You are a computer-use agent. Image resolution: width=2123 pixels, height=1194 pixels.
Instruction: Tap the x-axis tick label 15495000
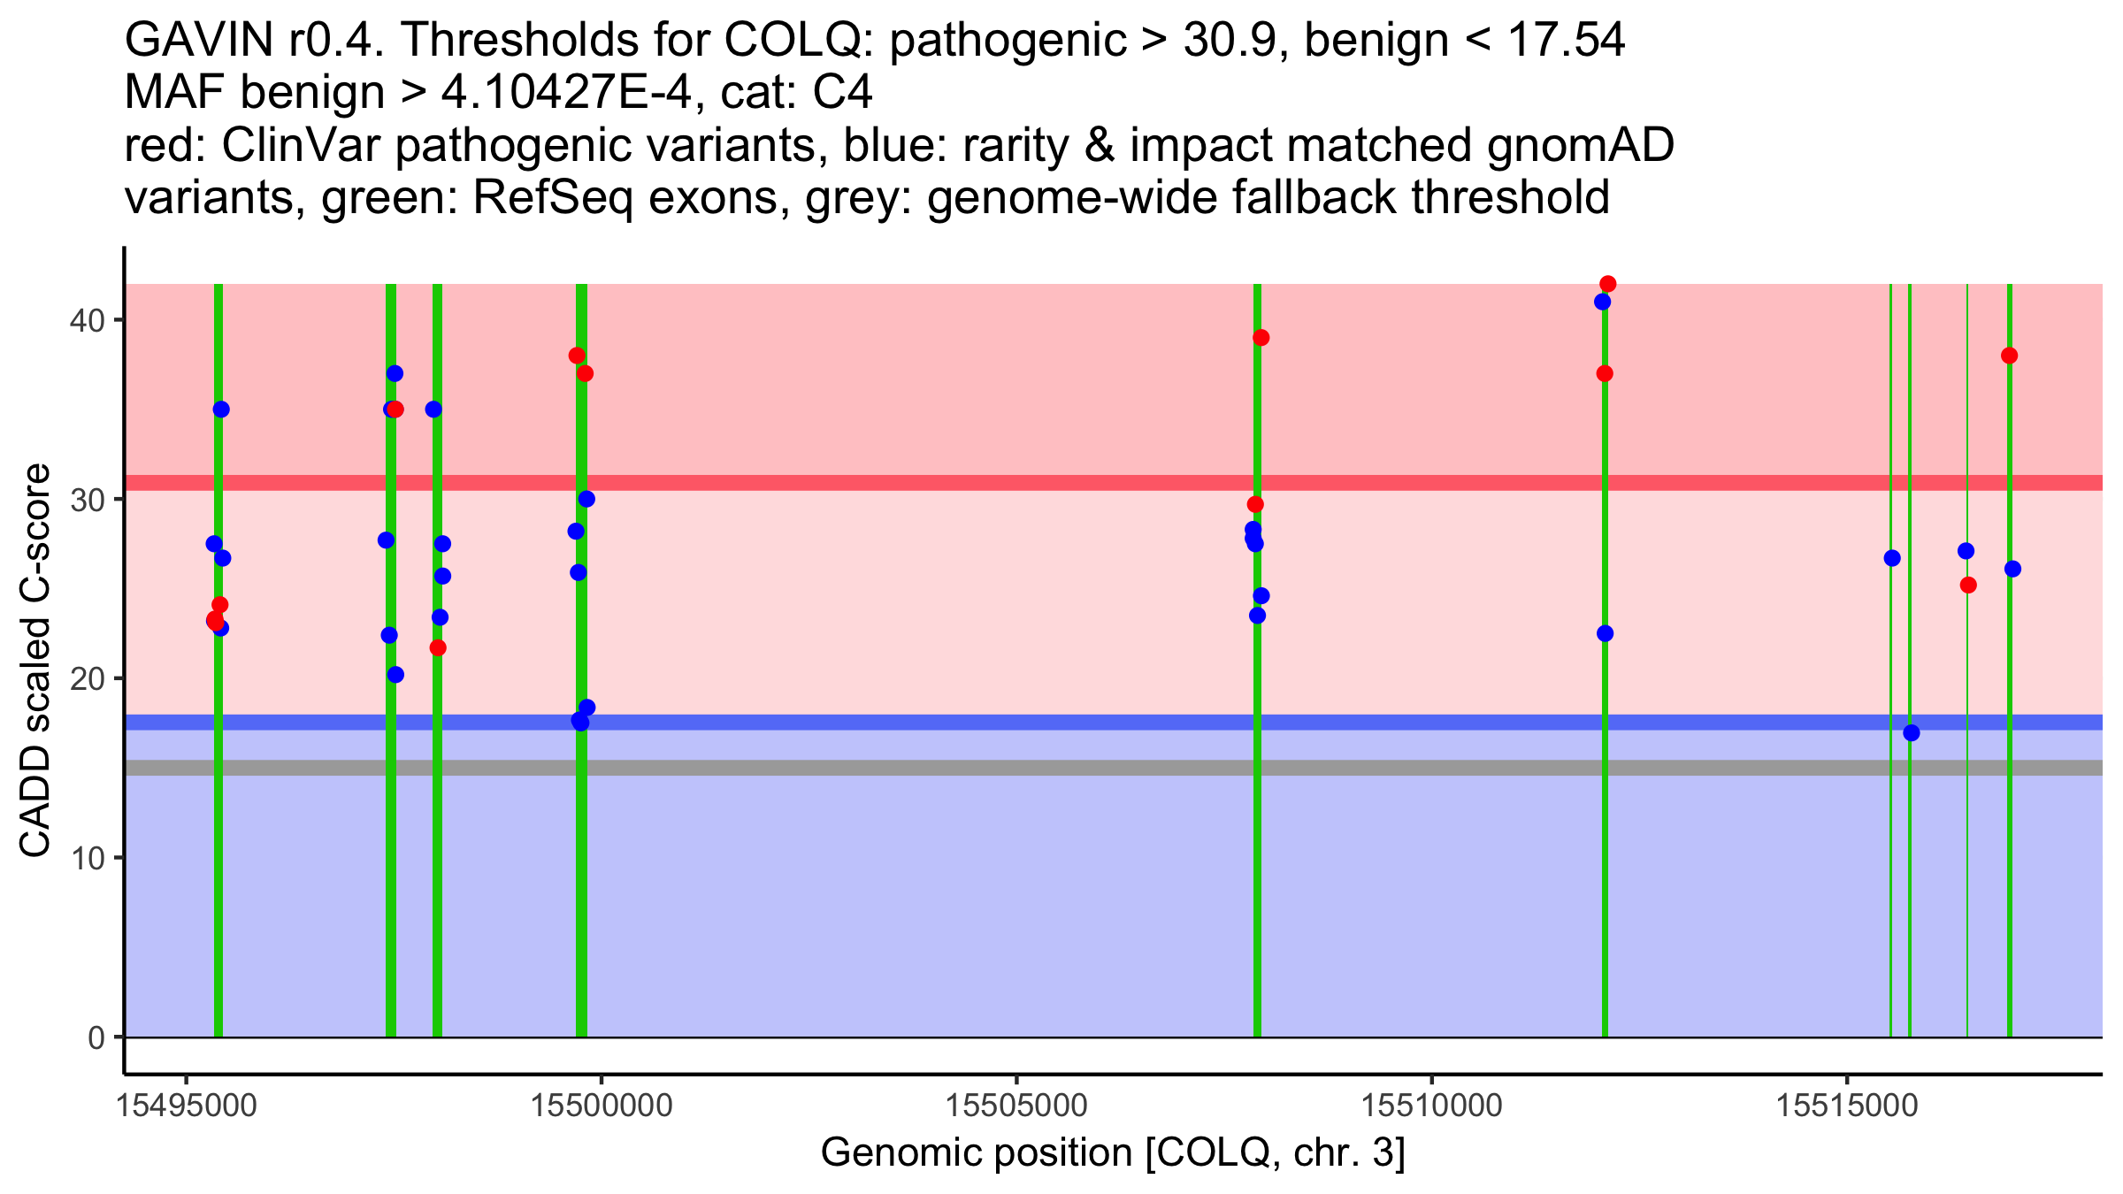click(x=187, y=1105)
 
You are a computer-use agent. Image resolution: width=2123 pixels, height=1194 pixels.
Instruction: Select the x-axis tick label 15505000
click(x=1016, y=1105)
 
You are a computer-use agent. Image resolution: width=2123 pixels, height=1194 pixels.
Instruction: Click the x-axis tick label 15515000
click(x=1846, y=1105)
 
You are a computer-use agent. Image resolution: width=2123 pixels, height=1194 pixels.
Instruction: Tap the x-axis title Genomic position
click(x=1113, y=1152)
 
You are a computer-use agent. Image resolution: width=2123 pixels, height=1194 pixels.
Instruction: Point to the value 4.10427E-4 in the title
click(x=566, y=92)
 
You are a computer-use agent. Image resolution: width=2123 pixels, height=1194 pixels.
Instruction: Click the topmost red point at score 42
click(x=1608, y=284)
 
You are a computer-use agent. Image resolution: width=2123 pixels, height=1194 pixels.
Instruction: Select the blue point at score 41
click(x=1602, y=302)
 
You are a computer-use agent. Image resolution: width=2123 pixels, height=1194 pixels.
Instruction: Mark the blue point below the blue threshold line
click(x=1912, y=732)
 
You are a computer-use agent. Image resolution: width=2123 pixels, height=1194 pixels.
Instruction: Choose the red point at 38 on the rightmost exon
click(x=2010, y=356)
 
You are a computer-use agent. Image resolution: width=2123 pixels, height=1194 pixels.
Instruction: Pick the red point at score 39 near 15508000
click(x=1261, y=338)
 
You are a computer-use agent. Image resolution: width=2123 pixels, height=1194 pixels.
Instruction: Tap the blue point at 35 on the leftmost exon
click(x=221, y=409)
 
